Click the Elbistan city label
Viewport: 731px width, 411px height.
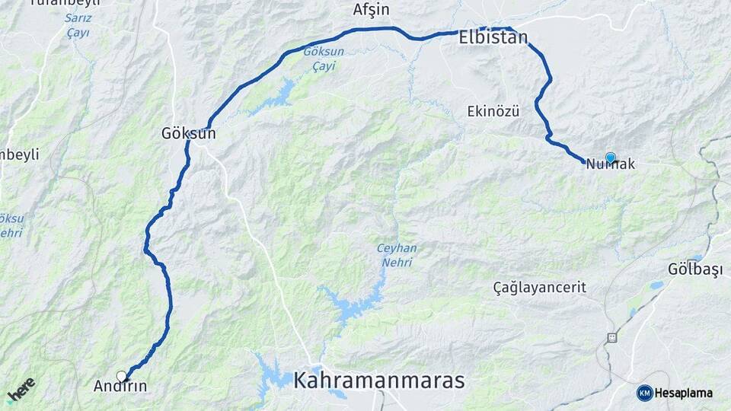click(x=493, y=37)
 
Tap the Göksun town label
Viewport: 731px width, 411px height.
click(x=188, y=133)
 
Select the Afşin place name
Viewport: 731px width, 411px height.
click(x=372, y=10)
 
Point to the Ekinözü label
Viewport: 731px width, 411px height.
click(x=493, y=112)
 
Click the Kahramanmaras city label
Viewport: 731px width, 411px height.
click(x=378, y=380)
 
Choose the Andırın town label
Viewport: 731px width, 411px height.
click(x=120, y=387)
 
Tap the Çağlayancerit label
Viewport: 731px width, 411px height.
click(x=539, y=288)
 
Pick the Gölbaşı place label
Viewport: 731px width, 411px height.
click(x=692, y=270)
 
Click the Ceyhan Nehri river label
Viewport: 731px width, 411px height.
click(x=394, y=255)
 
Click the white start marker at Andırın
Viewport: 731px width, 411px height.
click(x=121, y=375)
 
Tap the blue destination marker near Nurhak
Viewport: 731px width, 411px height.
click(x=610, y=158)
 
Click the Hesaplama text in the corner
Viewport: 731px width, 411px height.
click(x=684, y=393)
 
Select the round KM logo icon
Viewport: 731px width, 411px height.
click(x=644, y=393)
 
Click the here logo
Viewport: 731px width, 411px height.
click(x=21, y=389)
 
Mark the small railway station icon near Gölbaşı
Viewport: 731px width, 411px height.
click(x=611, y=336)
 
